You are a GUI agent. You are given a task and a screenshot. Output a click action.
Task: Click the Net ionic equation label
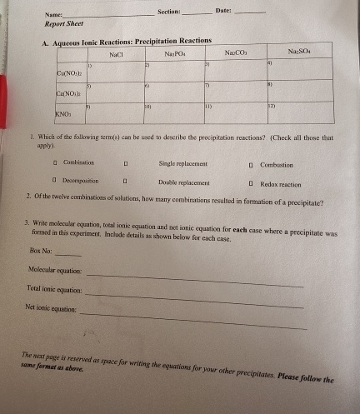coord(52,308)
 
